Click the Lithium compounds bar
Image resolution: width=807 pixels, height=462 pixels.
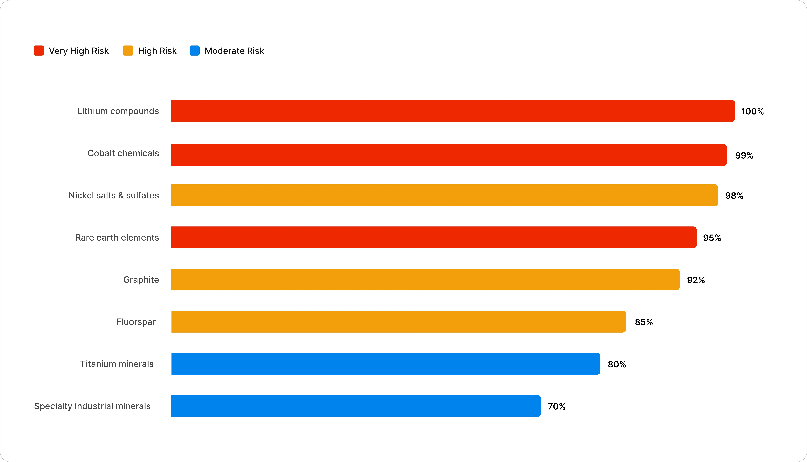click(453, 111)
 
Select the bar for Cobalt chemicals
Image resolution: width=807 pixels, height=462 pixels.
click(449, 155)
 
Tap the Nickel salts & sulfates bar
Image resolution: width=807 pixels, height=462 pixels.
click(444, 195)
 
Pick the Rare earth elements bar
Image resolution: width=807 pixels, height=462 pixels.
click(434, 237)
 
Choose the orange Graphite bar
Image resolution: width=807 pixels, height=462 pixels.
click(425, 280)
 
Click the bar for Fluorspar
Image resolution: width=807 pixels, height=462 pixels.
click(399, 322)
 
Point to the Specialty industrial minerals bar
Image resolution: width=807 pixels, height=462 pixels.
click(356, 406)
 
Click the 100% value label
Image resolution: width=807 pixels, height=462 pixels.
click(752, 111)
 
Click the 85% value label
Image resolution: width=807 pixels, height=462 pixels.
click(644, 322)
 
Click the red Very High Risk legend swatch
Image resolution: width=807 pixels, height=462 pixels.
click(39, 51)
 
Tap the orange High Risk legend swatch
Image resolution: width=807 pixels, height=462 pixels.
click(128, 51)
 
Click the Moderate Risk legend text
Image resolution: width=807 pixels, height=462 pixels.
click(234, 51)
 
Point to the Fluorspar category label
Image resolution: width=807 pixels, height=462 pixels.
click(136, 322)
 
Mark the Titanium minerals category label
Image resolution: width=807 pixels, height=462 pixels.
click(117, 364)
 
